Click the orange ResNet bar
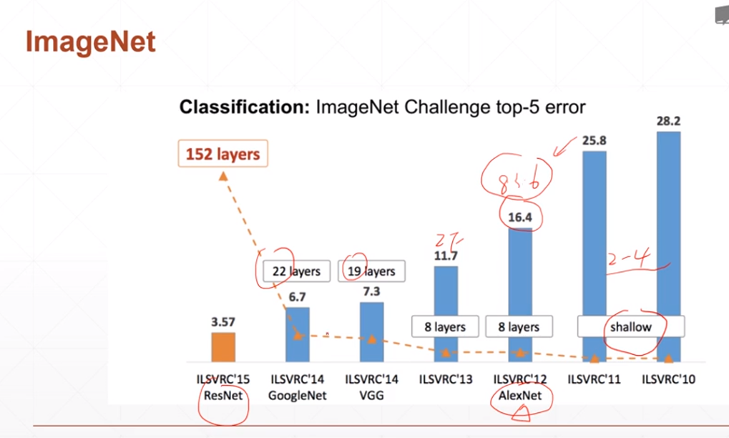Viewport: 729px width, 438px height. (x=222, y=347)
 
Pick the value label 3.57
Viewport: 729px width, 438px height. (x=222, y=322)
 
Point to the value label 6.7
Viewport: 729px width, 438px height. (x=297, y=296)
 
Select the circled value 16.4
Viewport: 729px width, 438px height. (x=520, y=217)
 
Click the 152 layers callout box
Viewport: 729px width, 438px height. (x=222, y=154)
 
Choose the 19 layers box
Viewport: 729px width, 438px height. (x=370, y=271)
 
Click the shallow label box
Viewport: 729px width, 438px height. (x=630, y=326)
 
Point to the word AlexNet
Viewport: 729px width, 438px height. (x=520, y=395)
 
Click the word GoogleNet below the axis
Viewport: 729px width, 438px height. (x=297, y=395)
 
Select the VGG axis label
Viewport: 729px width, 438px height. (x=371, y=395)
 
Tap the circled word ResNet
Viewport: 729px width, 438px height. (x=222, y=395)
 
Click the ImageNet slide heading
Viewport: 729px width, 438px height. (x=90, y=43)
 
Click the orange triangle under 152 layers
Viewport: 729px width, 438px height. (x=222, y=175)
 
